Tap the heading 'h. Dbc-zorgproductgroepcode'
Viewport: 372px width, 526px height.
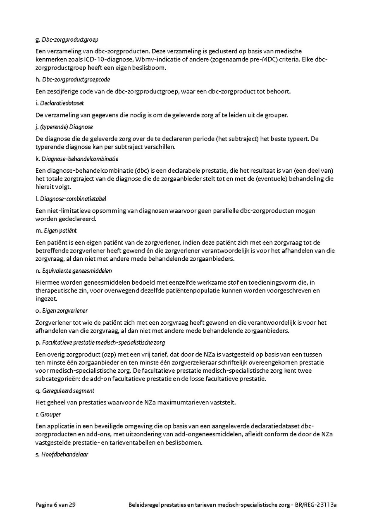pyautogui.click(x=73, y=79)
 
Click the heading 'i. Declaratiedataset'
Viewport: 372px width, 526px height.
pyautogui.click(x=60, y=103)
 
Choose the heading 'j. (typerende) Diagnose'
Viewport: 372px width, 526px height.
pyautogui.click(x=64, y=127)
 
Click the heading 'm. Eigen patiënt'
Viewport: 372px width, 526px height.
pyautogui.click(x=56, y=231)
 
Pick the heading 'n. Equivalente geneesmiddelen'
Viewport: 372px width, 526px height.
pyautogui.click(x=74, y=271)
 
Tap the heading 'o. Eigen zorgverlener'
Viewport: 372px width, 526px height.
pyautogui.click(x=62, y=310)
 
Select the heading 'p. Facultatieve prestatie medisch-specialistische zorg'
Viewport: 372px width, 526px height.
pyautogui.click(x=100, y=343)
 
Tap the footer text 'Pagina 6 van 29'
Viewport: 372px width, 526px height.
pyautogui.click(x=55, y=505)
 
